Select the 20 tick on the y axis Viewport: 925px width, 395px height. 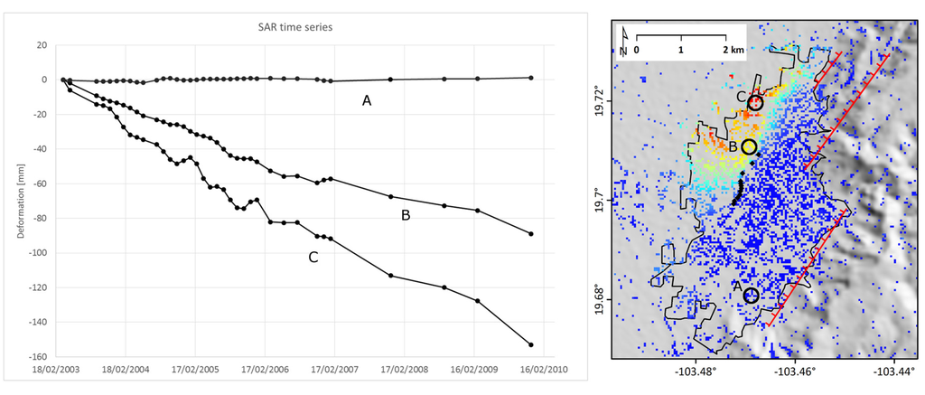[x=41, y=44]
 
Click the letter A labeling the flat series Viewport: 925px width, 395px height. [x=367, y=101]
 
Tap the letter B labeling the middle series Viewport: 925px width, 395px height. [x=406, y=216]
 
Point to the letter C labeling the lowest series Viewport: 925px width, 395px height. [x=313, y=258]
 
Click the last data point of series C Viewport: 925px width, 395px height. [x=530, y=344]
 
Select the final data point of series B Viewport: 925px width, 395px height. [x=530, y=234]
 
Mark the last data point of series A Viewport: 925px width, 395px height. [x=530, y=78]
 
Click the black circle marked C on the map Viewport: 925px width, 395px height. [x=755, y=103]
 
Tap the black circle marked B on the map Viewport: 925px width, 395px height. [x=749, y=146]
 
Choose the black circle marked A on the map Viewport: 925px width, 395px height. [x=750, y=296]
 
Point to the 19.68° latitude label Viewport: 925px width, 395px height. [x=598, y=300]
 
